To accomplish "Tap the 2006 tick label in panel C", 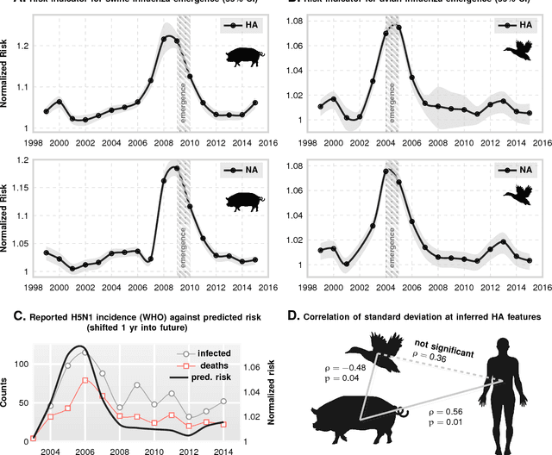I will coord(81,449).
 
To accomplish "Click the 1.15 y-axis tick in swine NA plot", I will coord(20,186).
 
